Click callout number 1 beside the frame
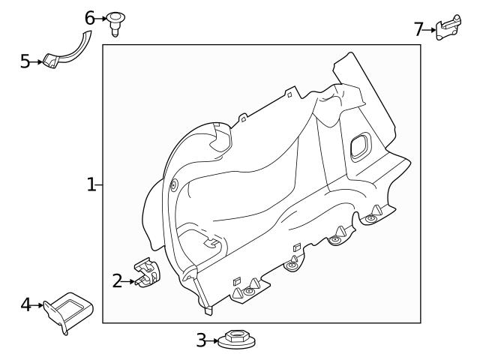point(91,184)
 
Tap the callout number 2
point(117,281)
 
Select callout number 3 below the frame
point(201,340)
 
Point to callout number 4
point(26,304)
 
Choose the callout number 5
point(25,61)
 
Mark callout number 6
point(90,16)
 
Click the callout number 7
point(419,29)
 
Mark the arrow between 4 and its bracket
point(37,305)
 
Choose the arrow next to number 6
point(101,16)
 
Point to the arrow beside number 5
point(37,61)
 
